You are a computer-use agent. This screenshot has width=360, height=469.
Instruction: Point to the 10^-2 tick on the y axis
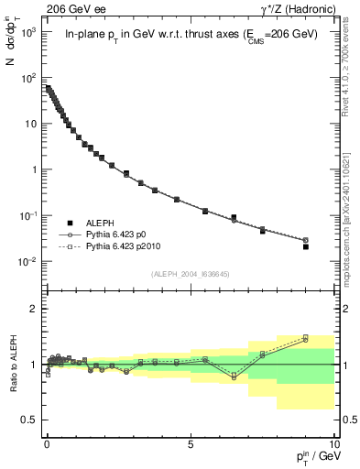27,262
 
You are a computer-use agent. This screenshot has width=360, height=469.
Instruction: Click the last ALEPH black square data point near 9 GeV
305,246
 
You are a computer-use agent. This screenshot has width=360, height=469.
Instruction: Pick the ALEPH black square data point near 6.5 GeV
234,217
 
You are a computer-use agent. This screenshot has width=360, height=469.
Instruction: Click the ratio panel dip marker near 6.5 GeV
234,376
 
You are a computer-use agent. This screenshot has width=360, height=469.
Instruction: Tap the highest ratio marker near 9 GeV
305,336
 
